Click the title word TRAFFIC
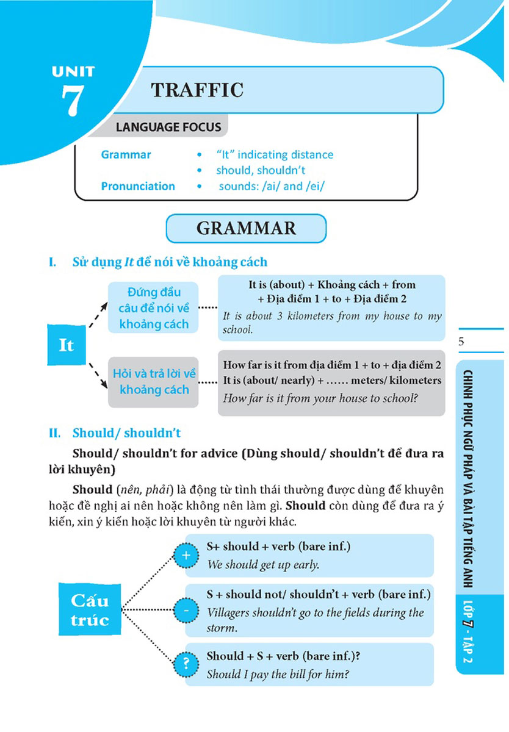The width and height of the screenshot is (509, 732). pyautogui.click(x=197, y=90)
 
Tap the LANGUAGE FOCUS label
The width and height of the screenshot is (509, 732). pyautogui.click(x=168, y=127)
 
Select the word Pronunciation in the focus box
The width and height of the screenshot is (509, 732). pyautogui.click(x=138, y=186)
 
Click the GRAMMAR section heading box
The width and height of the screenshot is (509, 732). pyautogui.click(x=246, y=228)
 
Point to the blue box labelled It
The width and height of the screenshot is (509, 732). pyautogui.click(x=66, y=345)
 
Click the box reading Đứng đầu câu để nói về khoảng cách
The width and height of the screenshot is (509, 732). pyautogui.click(x=154, y=307)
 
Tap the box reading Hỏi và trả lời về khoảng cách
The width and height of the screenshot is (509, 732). pyautogui.click(x=154, y=381)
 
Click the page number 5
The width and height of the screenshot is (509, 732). pyautogui.click(x=461, y=342)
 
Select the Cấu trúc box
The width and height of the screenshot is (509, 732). pyautogui.click(x=90, y=610)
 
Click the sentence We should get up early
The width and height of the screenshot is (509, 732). pyautogui.click(x=263, y=565)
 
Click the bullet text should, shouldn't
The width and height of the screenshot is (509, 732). pyautogui.click(x=261, y=170)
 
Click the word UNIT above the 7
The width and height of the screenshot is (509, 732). pyautogui.click(x=73, y=71)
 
